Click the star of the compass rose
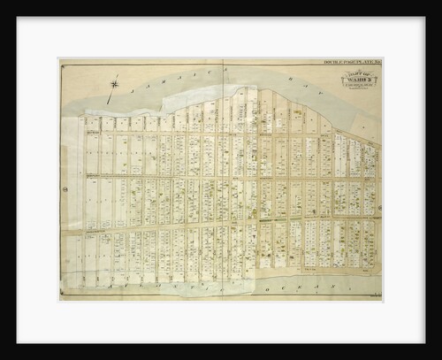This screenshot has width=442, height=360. [114, 84]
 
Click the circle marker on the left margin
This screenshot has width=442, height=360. [65, 188]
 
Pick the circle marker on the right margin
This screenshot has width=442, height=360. [378, 188]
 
